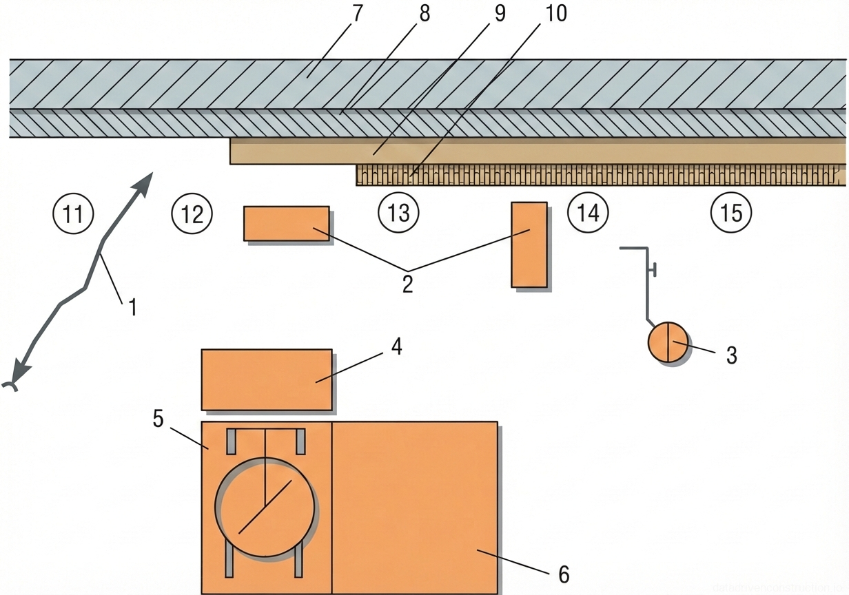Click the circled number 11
(73, 213)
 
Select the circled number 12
(192, 213)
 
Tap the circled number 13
(399, 213)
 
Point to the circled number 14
(588, 213)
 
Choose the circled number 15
(731, 213)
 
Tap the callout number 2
(407, 283)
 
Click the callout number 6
(564, 574)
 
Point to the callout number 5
(158, 419)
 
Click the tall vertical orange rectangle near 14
(529, 244)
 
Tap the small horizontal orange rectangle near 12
(286, 224)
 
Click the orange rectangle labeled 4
(267, 379)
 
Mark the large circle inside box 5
(265, 507)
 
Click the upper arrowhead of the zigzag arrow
(147, 182)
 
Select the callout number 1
(132, 306)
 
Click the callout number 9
(498, 14)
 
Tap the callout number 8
(424, 14)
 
